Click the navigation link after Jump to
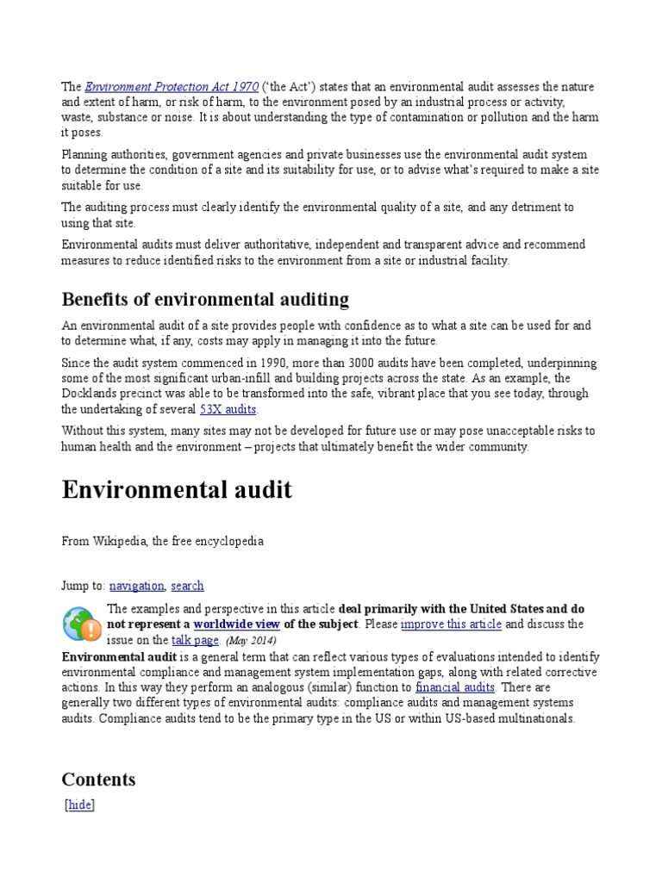(x=136, y=586)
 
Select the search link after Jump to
(x=187, y=586)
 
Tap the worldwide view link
(x=236, y=624)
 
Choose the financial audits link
(x=454, y=687)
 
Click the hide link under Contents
(x=79, y=805)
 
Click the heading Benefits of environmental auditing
(x=205, y=299)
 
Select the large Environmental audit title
(x=177, y=491)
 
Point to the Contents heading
(x=98, y=780)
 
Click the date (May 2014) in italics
(x=251, y=642)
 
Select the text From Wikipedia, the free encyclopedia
(x=162, y=542)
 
